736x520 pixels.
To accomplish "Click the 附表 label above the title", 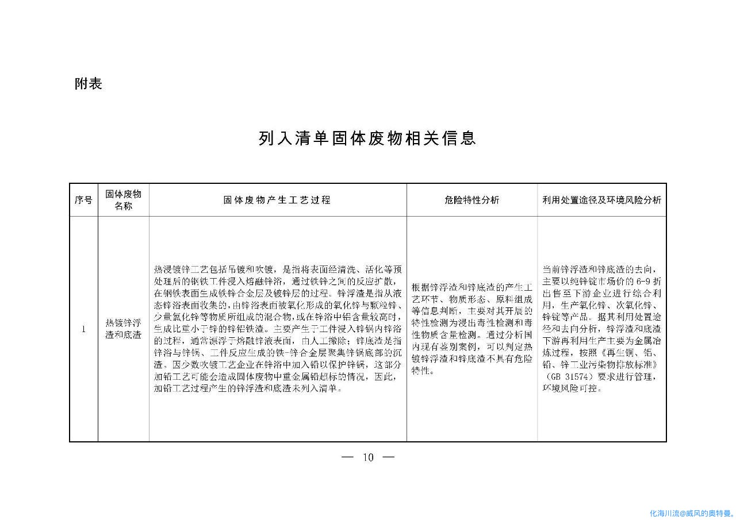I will [x=89, y=84].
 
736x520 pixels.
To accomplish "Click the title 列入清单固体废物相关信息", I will [x=367, y=138].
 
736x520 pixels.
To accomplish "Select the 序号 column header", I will [x=83, y=200].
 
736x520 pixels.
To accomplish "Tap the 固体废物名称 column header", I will [x=123, y=200].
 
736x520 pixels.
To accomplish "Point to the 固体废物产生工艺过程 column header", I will [x=277, y=200].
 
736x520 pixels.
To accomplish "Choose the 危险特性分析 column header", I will [x=471, y=200].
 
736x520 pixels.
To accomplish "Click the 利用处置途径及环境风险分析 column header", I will [x=601, y=200].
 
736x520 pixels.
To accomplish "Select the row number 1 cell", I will [x=83, y=329].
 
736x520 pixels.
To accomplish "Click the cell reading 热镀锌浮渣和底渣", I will [x=123, y=329].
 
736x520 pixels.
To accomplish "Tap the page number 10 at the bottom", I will [x=368, y=457].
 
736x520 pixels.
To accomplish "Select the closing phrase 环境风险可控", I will [x=572, y=388].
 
